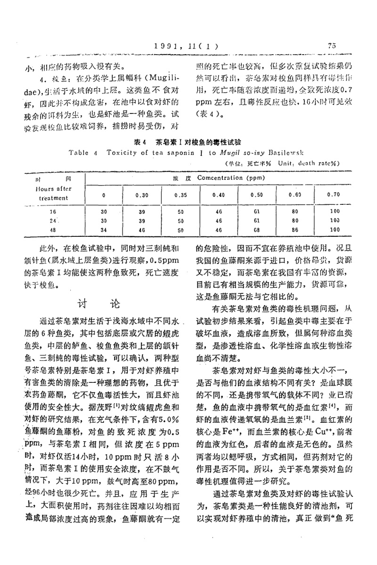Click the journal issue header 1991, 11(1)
coord(185,46)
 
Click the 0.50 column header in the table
coord(257,194)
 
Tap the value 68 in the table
coord(257,230)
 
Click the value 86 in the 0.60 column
coord(296,230)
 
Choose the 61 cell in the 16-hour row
coord(257,212)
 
